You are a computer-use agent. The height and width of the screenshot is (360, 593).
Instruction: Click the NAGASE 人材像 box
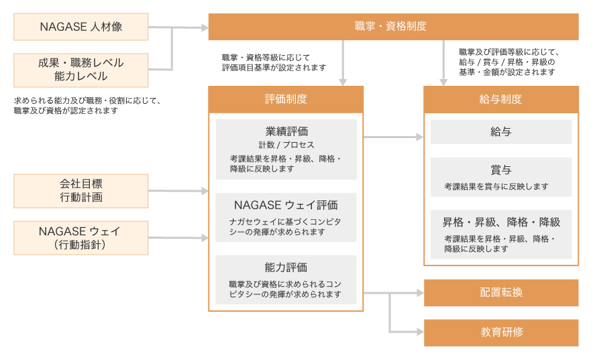click(81, 27)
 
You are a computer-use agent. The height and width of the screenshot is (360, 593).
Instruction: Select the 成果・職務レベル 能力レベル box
click(81, 70)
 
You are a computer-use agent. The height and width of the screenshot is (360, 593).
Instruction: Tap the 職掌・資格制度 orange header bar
click(393, 27)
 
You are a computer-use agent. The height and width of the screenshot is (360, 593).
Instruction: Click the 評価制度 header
click(286, 99)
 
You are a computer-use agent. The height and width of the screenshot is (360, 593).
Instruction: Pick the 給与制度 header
click(500, 99)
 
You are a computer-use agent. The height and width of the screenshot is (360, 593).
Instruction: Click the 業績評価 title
click(286, 131)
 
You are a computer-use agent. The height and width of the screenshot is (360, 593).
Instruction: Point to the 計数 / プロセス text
click(286, 145)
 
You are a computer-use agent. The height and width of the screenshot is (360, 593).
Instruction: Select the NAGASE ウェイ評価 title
click(286, 204)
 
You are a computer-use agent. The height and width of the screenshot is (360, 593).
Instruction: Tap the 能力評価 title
click(286, 267)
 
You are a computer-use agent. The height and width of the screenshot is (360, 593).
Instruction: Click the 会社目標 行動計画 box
click(81, 190)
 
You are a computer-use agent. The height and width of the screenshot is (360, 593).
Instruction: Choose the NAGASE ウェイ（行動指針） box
click(81, 237)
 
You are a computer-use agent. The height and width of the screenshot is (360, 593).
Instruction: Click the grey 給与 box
click(500, 132)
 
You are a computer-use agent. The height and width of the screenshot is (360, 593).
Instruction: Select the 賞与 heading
click(500, 170)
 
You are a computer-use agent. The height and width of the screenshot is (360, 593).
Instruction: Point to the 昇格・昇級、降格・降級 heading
click(500, 222)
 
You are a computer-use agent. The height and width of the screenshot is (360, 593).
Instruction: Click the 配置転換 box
click(500, 292)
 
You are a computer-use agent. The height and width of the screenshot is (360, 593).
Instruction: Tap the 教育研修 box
click(500, 333)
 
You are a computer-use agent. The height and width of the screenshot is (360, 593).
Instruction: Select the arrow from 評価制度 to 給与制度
click(393, 137)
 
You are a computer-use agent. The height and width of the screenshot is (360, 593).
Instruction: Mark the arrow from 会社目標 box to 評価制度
click(178, 191)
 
